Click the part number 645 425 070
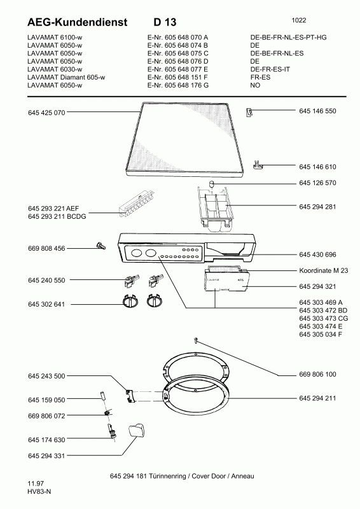pos(46,113)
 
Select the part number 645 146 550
pos(317,111)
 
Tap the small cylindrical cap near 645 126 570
pos(212,184)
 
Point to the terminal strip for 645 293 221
pos(137,204)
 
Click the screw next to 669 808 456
pos(101,246)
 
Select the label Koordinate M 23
pos(323,270)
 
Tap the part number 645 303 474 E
pos(321,326)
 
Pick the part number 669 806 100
pos(317,374)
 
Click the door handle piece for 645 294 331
pos(136,430)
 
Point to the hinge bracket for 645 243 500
pos(130,396)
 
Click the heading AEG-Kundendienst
pos(77,22)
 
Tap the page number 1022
pos(299,20)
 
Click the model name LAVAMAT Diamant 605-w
pos(66,77)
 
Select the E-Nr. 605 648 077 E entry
pos(177,69)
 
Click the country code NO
pos(255,85)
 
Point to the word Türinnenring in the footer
pos(167,476)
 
